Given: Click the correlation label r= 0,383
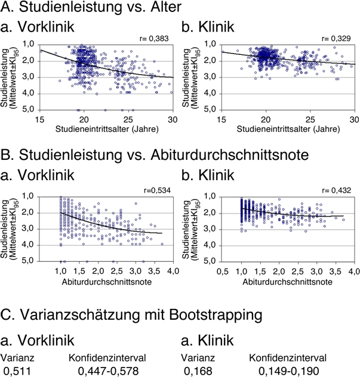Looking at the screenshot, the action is click(154, 38).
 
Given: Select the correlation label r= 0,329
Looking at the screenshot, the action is click(336, 38).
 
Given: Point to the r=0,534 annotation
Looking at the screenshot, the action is click(157, 190).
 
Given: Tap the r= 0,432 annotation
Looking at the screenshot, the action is click(336, 190).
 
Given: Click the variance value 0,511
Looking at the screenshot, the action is click(17, 371).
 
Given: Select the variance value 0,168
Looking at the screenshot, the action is click(198, 371).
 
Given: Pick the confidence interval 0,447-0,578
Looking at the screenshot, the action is click(108, 371).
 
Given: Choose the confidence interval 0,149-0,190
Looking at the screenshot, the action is click(289, 371).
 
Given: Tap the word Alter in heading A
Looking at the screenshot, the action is click(166, 7).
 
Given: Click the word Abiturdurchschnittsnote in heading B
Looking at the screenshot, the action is click(230, 155).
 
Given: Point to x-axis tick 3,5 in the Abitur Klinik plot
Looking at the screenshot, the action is click(335, 271).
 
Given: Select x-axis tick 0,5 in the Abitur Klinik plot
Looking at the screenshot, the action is click(223, 271).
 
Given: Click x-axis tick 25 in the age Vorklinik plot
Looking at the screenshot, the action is click(128, 119).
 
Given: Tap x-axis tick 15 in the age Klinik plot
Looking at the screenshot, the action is click(221, 119).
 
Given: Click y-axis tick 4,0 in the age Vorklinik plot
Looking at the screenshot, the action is click(29, 93).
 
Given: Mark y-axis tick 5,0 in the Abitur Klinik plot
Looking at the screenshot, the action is click(210, 261).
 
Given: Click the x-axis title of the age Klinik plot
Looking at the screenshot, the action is click(288, 129).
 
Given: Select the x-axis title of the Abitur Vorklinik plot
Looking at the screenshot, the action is click(107, 282).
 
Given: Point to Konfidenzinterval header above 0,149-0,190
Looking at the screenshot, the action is click(288, 358).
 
